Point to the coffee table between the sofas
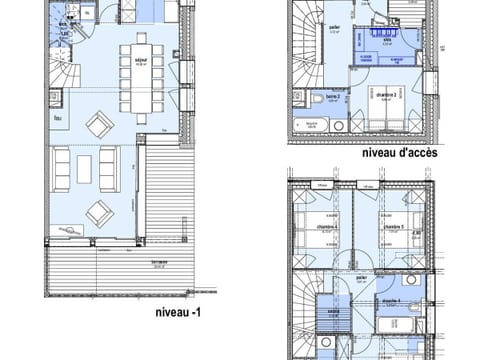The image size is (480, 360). pyautogui.click(x=84, y=168)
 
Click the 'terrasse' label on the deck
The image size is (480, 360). pyautogui.click(x=158, y=262)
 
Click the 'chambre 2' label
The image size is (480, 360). pyautogui.click(x=387, y=94)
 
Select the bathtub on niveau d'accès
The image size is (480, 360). pyautogui.click(x=312, y=127)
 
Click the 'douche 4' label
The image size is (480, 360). pyautogui.click(x=388, y=301)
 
